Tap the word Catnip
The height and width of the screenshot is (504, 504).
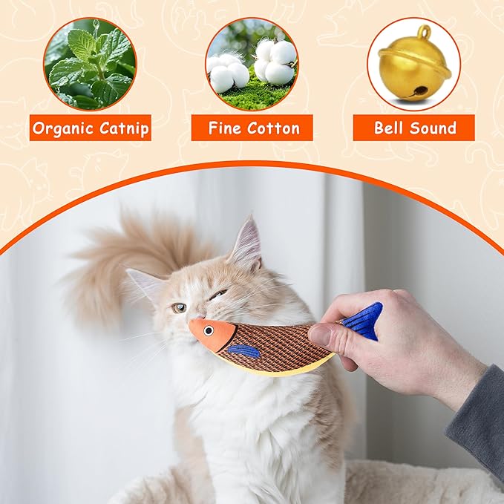coord(121,128)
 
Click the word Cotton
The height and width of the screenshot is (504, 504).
coord(273,128)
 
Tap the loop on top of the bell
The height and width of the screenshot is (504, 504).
coord(424,32)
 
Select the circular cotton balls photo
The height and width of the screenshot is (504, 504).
coord(252,64)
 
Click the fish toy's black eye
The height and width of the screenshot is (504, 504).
coord(210,329)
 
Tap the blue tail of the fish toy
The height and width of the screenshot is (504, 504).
coord(363,321)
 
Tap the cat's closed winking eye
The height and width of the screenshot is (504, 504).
coord(217,295)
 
